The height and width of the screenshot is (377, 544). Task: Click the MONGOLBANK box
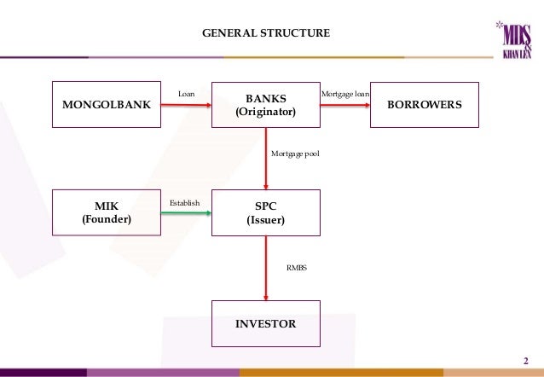(x=107, y=105)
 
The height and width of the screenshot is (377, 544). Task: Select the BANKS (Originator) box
(x=266, y=105)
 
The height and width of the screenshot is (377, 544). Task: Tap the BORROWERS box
(x=425, y=105)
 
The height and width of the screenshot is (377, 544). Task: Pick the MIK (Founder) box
(x=107, y=212)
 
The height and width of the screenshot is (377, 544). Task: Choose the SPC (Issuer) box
(x=266, y=212)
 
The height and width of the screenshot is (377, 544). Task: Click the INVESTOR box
(x=266, y=324)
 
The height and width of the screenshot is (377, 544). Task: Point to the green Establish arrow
(x=186, y=212)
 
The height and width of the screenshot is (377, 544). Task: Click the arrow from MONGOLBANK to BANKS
(x=186, y=105)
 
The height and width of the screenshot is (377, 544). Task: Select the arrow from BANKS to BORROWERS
(x=344, y=105)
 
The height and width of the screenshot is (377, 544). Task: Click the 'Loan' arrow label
(x=185, y=93)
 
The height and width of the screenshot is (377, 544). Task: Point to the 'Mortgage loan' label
(x=344, y=93)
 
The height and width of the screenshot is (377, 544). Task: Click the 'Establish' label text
(x=185, y=203)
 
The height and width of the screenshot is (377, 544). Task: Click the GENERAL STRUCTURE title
(x=265, y=34)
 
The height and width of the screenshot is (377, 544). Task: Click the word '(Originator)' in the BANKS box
(x=266, y=113)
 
